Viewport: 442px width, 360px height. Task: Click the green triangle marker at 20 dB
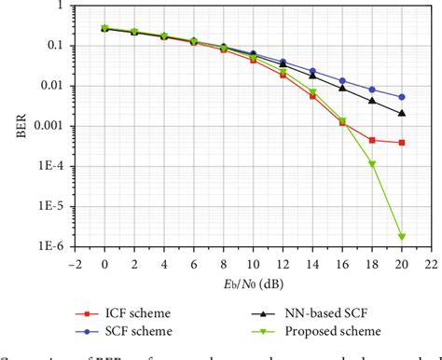coord(401,237)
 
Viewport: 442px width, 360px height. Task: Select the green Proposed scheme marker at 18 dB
coord(372,164)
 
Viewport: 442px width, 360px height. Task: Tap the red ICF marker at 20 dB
coord(401,143)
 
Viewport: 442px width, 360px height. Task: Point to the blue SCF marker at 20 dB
coord(401,97)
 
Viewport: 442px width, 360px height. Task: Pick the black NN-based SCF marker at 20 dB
coord(401,113)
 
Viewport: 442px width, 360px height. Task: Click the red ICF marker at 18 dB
coord(372,140)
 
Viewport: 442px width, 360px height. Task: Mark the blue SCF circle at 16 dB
coord(342,81)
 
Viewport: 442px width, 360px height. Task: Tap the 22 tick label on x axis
coord(430,263)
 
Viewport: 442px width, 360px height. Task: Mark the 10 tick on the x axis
coord(253,263)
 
